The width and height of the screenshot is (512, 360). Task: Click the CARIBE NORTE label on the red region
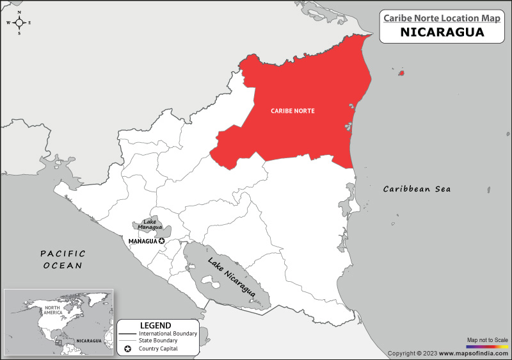coord(292,111)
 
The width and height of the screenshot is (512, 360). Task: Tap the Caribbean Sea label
coord(417,189)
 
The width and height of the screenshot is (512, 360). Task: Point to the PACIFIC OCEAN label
coord(63,259)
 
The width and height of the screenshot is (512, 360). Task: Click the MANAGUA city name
coord(142,241)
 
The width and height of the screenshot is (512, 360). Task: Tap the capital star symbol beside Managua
coord(162,241)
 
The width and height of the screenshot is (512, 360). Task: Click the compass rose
coord(19,22)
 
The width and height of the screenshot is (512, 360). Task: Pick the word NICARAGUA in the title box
coord(442,32)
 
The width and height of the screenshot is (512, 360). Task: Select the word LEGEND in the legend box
coord(156,325)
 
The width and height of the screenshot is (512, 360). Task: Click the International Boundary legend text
coord(168,334)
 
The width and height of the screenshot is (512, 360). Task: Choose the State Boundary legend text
coord(157,341)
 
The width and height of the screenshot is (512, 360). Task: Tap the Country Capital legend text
coord(158,348)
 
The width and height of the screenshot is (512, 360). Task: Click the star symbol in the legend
coord(128,348)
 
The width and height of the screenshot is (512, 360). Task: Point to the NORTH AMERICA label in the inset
coord(52,311)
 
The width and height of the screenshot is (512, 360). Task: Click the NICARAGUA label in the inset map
coord(88,341)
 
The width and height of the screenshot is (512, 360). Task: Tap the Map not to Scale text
coord(487,339)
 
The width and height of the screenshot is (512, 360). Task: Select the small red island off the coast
coord(401,73)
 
